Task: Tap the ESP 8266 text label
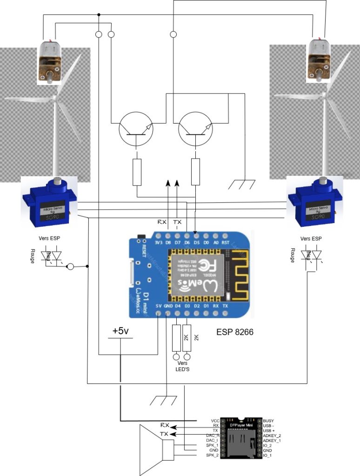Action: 235,333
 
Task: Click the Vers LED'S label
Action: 182,366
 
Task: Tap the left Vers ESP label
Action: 50,238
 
